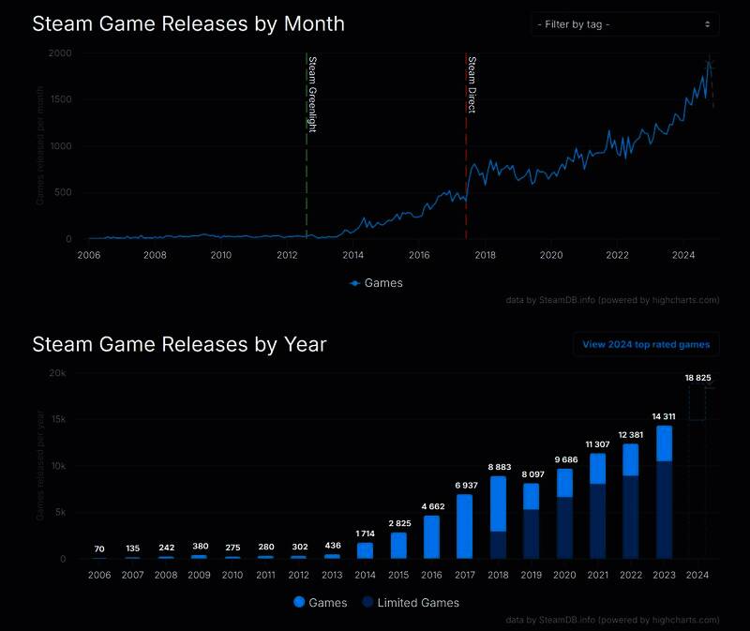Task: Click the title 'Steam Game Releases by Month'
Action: point(188,23)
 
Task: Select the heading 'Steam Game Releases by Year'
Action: point(179,344)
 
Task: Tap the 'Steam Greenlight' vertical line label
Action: point(312,94)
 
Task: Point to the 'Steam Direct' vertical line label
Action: point(472,84)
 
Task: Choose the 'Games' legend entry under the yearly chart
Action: point(321,603)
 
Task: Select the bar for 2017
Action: point(464,526)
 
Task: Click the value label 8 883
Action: point(499,467)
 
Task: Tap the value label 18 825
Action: point(697,378)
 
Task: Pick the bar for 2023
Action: point(664,492)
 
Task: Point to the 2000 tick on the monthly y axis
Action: point(60,53)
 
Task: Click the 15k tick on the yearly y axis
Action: point(58,420)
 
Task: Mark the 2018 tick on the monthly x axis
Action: point(486,254)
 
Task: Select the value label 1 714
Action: point(365,533)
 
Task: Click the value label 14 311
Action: point(664,416)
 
